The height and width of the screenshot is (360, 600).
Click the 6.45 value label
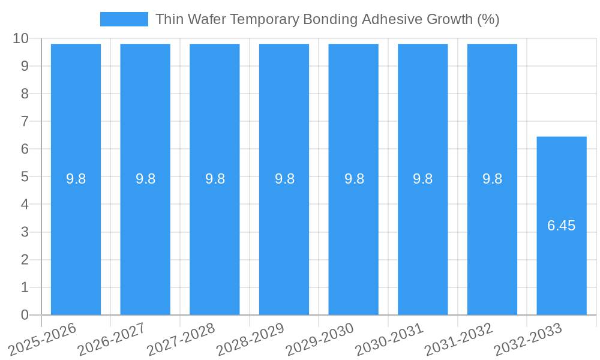562,226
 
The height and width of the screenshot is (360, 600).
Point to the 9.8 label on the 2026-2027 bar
145,179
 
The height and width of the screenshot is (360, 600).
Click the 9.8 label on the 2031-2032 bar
492,179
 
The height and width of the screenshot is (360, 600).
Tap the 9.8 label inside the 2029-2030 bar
353,179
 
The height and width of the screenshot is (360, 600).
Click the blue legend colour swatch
124,19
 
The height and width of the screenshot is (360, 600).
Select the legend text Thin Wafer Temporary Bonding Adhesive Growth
328,19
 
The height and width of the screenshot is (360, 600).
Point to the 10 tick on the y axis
21,38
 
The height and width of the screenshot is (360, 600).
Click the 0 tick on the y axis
25,315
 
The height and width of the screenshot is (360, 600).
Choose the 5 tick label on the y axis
25,177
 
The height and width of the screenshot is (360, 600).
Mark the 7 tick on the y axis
25,121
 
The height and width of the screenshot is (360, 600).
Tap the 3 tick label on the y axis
25,232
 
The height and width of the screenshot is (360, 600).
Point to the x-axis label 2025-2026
43,338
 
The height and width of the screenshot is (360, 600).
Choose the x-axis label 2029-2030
320,338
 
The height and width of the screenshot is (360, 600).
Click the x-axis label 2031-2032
458,338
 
